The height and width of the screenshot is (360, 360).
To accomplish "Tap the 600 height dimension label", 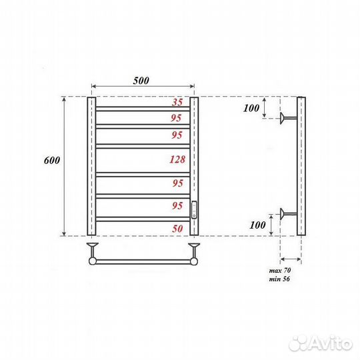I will pyautogui.click(x=53, y=161).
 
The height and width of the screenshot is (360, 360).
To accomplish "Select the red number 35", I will pyautogui.click(x=177, y=103).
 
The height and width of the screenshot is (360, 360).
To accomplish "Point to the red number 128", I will pyautogui.click(x=177, y=159).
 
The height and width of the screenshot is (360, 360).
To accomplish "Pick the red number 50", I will pyautogui.click(x=177, y=228).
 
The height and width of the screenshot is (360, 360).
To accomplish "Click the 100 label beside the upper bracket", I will pyautogui.click(x=251, y=107).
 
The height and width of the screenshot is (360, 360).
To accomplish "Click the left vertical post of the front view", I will pyautogui.click(x=91, y=167).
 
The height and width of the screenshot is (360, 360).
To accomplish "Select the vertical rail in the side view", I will pyautogui.click(x=301, y=167).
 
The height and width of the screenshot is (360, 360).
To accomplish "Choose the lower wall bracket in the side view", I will pyautogui.click(x=288, y=213).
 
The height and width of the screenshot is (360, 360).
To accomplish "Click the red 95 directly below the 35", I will pyautogui.click(x=177, y=118).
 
